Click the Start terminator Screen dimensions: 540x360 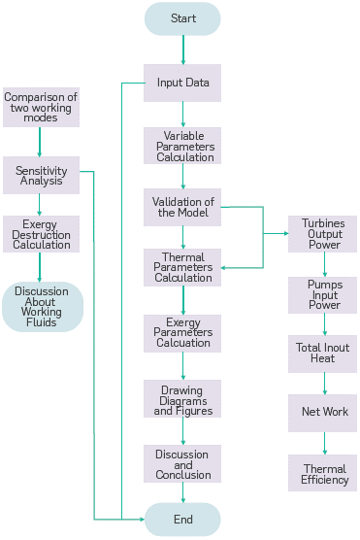pyautogui.click(x=182, y=18)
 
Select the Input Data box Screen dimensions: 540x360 pyautogui.click(x=182, y=83)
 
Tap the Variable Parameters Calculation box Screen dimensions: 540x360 pyautogui.click(x=182, y=146)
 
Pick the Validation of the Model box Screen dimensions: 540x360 pyautogui.click(x=182, y=207)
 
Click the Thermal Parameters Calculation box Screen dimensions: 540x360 pyautogui.click(x=182, y=267)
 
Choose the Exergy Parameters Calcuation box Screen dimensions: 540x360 pyautogui.click(x=182, y=331)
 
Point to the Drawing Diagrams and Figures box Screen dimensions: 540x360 pyautogui.click(x=182, y=398)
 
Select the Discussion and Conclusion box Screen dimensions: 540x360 pyautogui.click(x=182, y=463)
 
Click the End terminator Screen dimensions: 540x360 pyautogui.click(x=182, y=520)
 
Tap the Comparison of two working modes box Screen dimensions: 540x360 pyautogui.click(x=41, y=105)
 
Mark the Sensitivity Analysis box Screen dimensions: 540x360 pyautogui.click(x=41, y=175)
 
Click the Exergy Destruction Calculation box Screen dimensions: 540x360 pyautogui.click(x=41, y=234)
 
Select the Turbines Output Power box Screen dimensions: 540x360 pyautogui.click(x=323, y=235)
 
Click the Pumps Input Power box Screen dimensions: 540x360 pyautogui.click(x=323, y=295)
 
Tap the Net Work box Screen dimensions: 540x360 pyautogui.click(x=323, y=413)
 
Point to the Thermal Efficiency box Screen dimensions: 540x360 pyautogui.click(x=323, y=473)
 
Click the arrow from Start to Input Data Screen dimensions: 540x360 pyautogui.click(x=182, y=50)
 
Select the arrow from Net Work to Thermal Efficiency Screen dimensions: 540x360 pyautogui.click(x=324, y=442)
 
